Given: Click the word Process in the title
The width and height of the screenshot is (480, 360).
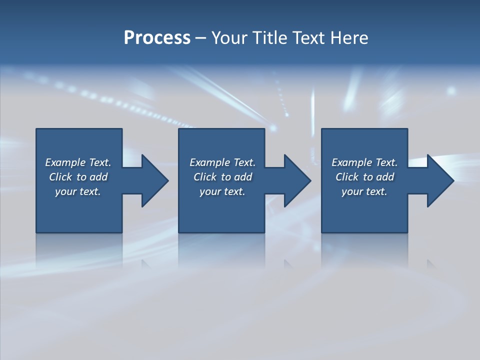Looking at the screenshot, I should [x=157, y=38].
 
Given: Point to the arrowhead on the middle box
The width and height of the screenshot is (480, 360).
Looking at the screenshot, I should [x=297, y=180].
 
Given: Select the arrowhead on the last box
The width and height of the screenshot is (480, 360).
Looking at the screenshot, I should [x=439, y=180].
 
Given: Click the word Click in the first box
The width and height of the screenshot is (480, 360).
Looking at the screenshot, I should [x=60, y=177].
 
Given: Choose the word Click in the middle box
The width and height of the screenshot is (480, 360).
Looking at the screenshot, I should [x=205, y=177].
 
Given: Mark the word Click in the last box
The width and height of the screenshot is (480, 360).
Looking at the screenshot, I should [x=347, y=177].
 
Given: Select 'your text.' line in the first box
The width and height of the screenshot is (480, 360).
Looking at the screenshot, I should [x=78, y=191].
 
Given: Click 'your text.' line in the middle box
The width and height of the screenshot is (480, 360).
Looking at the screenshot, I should [x=222, y=191].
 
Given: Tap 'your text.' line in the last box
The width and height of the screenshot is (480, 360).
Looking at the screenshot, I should [x=364, y=191].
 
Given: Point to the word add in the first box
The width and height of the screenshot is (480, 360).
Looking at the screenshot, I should [x=98, y=177].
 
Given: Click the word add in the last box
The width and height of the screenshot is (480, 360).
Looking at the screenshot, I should [x=385, y=177].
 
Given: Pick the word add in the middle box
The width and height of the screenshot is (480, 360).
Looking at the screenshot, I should [x=243, y=177].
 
